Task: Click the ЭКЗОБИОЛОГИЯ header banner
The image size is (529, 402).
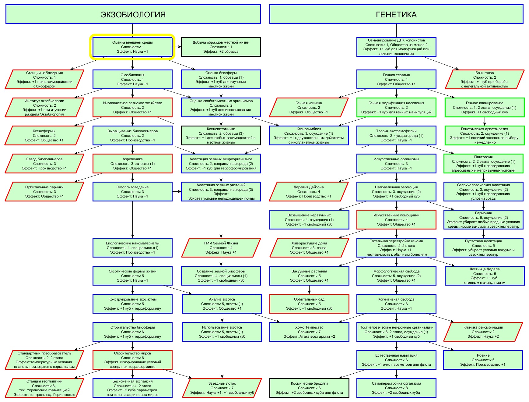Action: [x=133, y=14]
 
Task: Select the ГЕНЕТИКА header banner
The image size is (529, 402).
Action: [x=396, y=14]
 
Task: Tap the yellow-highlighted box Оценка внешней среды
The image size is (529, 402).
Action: [x=132, y=47]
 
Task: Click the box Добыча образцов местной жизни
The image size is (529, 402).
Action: [x=221, y=47]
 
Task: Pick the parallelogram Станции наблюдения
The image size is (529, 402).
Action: [x=44, y=80]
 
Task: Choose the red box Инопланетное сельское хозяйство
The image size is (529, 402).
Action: [x=132, y=108]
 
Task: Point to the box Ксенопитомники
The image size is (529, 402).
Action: [x=221, y=136]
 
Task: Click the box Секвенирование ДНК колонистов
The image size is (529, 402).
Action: [x=396, y=47]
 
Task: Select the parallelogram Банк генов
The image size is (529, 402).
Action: [x=485, y=80]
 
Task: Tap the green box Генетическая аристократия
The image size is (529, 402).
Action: [x=485, y=136]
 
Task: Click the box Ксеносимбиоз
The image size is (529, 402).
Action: [x=309, y=136]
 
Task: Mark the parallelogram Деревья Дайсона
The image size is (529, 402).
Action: [x=309, y=192]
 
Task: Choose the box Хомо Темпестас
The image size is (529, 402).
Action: [x=309, y=332]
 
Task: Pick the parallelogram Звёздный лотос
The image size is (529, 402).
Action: [x=222, y=388]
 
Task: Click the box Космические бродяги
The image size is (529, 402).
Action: [x=309, y=388]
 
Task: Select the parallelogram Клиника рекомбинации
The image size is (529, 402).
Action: [x=483, y=332]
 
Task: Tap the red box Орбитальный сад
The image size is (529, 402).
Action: [x=309, y=304]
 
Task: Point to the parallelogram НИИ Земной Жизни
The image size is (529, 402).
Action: [x=221, y=248]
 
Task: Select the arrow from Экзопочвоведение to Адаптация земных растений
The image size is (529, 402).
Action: [x=177, y=192]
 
